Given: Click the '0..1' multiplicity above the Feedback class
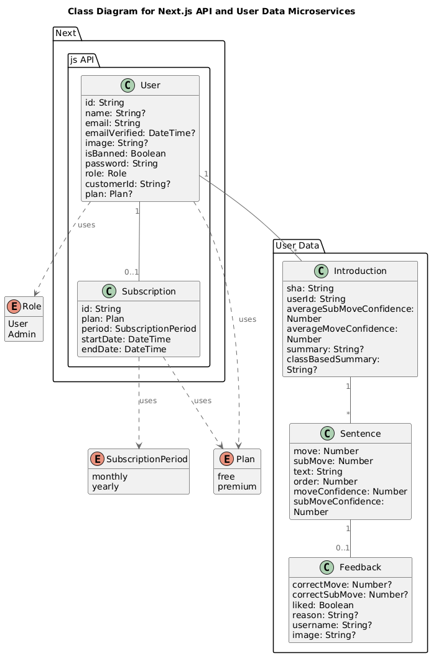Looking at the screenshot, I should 342,547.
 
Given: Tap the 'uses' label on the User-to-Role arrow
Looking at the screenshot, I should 86,224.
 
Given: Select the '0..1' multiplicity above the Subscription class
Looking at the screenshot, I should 131,271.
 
